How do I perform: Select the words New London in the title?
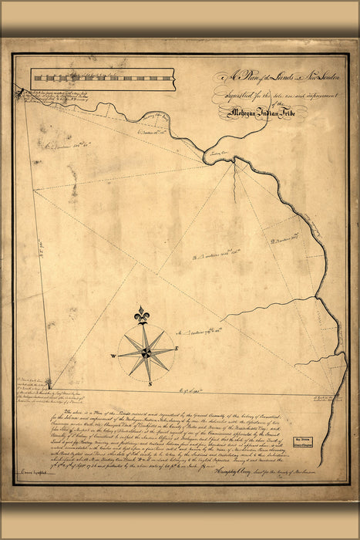tap(304, 76)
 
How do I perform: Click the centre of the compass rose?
tap(145, 353)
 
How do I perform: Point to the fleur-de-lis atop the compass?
tap(140, 316)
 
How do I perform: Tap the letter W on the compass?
tap(113, 356)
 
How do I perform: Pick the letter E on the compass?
tap(177, 349)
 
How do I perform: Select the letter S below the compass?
tap(150, 383)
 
